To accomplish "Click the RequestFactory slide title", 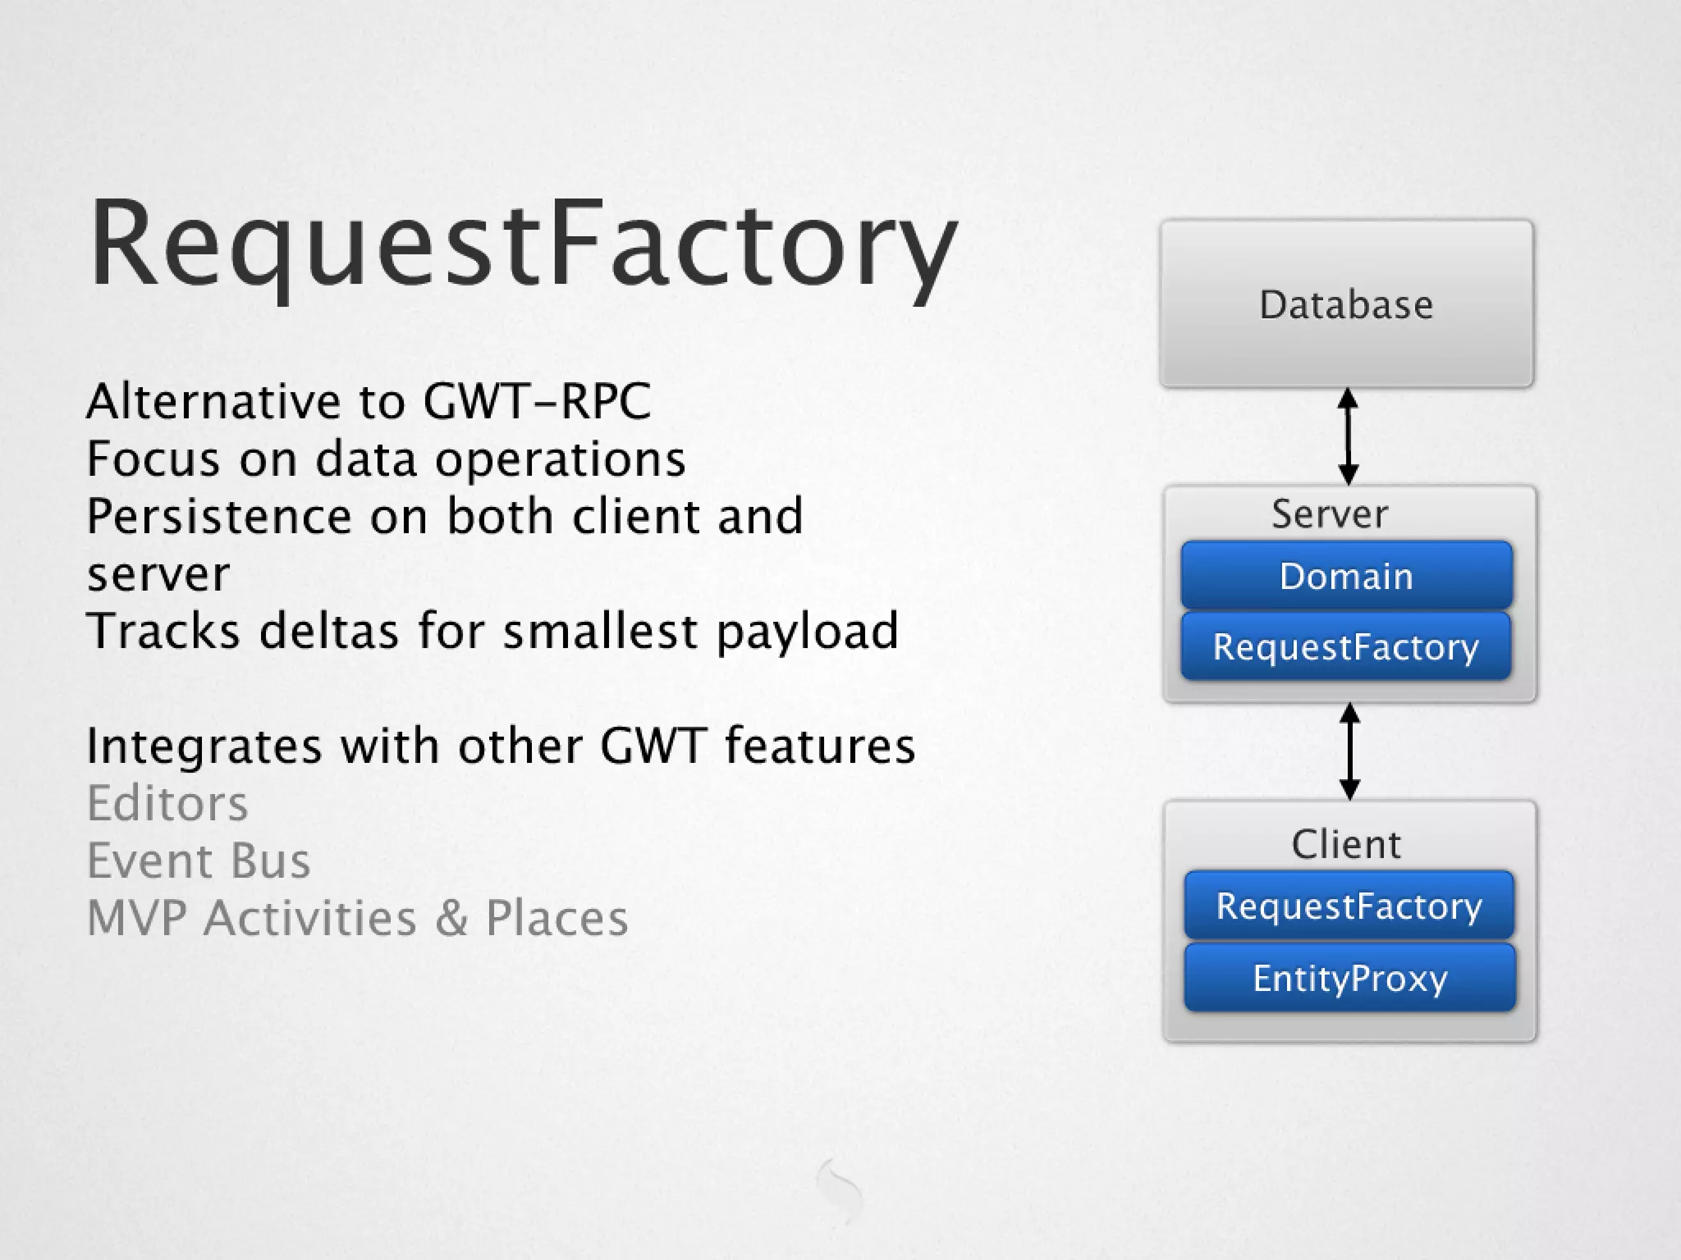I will (x=523, y=244).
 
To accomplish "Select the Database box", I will (x=1346, y=304).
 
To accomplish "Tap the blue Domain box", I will (x=1346, y=576).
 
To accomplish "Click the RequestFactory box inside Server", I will (x=1346, y=646).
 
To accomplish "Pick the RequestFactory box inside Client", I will (x=1349, y=906).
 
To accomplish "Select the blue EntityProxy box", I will (x=1349, y=978).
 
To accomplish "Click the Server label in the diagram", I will (x=1330, y=514).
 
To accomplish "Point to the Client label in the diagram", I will (x=1346, y=844).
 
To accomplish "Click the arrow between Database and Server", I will (x=1348, y=436).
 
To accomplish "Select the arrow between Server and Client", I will (x=1349, y=751).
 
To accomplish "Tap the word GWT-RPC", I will (x=537, y=402).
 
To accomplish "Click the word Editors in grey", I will (x=167, y=803).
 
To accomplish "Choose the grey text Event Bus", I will (x=199, y=861).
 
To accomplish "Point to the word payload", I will (x=808, y=632).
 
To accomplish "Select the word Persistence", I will (x=219, y=517).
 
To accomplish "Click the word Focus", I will (x=153, y=459).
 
